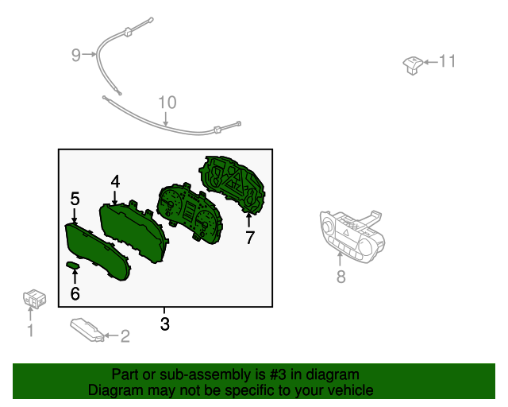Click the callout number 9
(76, 55)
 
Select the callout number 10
(167, 103)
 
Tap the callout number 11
(447, 61)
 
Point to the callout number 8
(341, 277)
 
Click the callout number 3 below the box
(165, 324)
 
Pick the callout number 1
(30, 330)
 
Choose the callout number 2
(125, 336)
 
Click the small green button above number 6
(73, 266)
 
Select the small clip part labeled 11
(413, 65)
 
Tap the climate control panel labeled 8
(352, 235)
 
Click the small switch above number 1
(34, 299)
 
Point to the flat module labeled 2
(87, 329)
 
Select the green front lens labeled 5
(98, 251)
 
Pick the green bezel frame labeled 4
(133, 231)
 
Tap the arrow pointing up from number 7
(248, 220)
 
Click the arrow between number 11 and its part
(431, 62)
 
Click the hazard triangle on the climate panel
(346, 232)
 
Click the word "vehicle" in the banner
(353, 390)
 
